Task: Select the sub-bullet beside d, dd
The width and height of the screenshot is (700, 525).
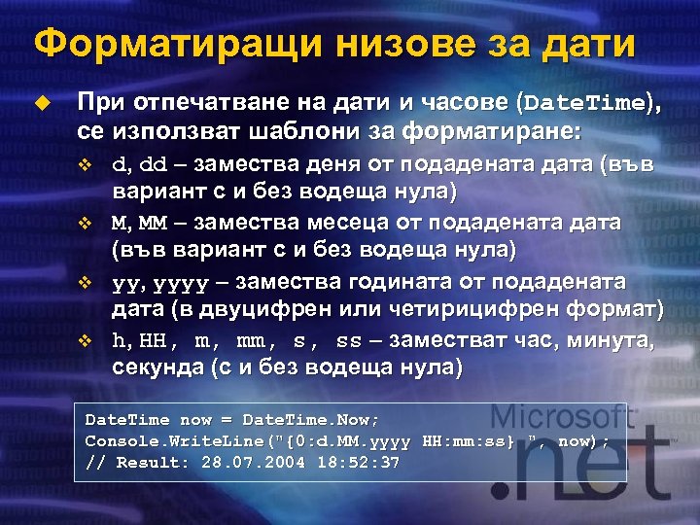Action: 84,163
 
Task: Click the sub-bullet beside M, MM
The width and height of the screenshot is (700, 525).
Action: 84,224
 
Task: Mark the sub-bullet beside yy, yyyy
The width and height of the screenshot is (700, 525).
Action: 84,284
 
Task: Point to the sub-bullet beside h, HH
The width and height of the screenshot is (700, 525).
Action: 84,342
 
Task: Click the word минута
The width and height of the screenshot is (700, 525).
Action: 614,341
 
